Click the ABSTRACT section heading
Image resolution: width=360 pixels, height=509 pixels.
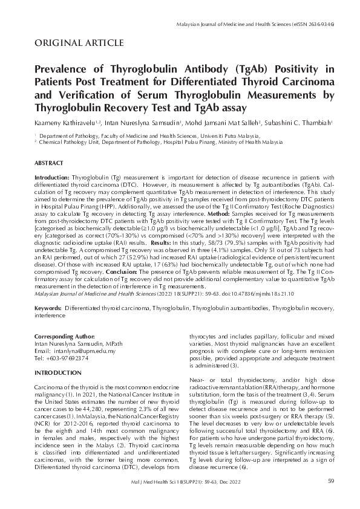pos(49,163)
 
